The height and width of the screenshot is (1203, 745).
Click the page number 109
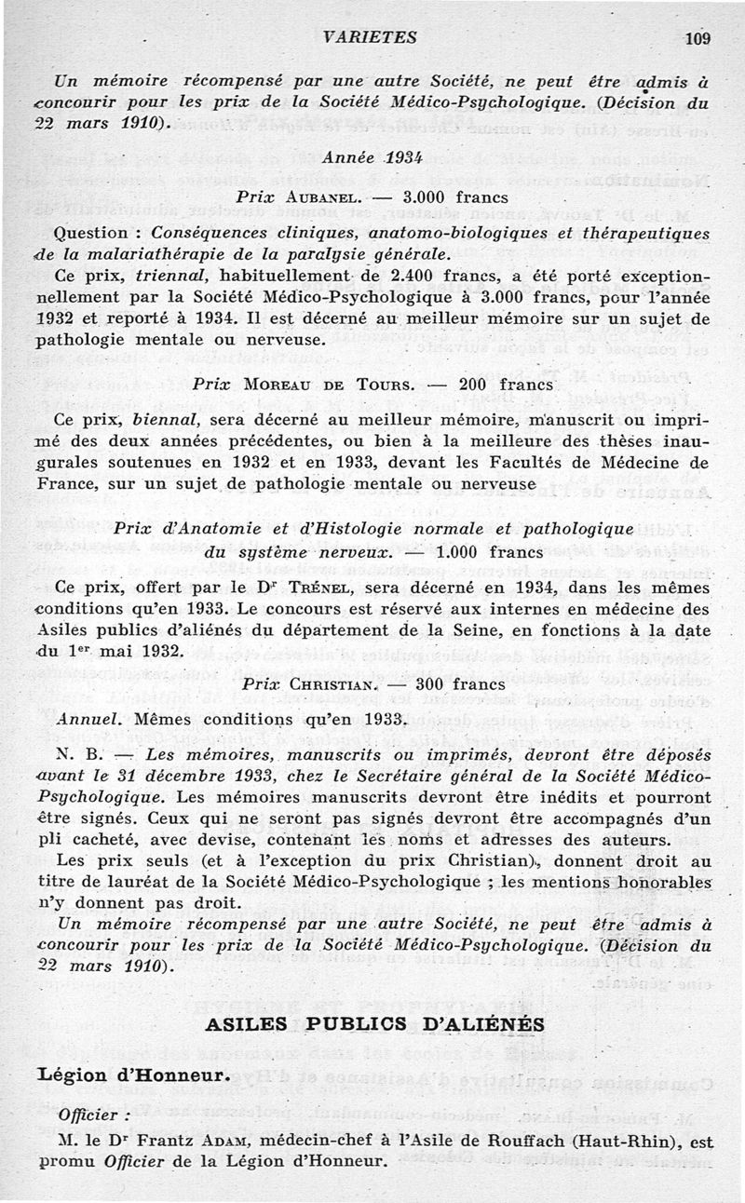coord(697,38)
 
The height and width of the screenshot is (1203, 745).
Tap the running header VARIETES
coord(371,38)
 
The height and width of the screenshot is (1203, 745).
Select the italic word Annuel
coord(87,720)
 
